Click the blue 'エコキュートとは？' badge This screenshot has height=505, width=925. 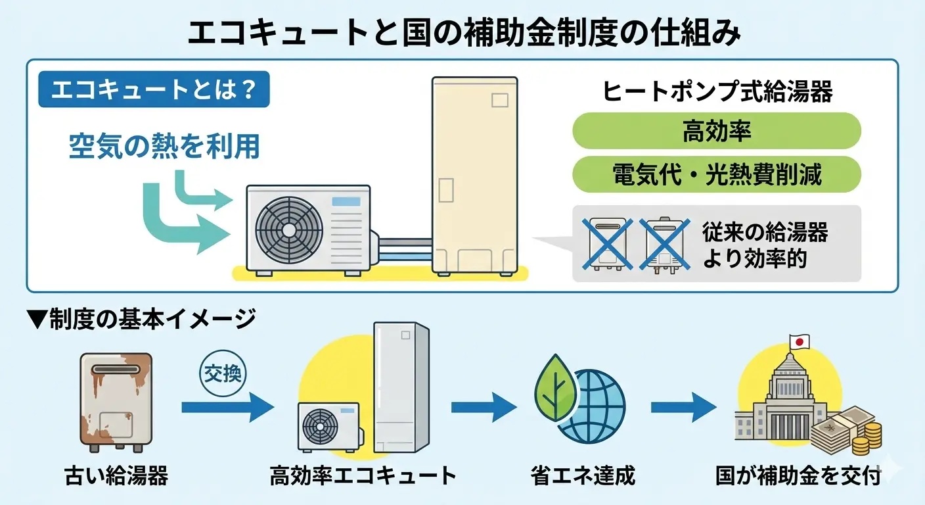(x=154, y=89)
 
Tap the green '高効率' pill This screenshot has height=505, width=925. (x=716, y=131)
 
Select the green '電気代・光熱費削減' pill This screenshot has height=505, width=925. (x=716, y=174)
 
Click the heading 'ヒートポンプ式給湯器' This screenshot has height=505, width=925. (x=717, y=92)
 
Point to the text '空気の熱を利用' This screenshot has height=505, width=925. (x=164, y=147)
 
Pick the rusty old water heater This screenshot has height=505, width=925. (x=116, y=402)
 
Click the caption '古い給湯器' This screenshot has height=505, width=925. (x=116, y=475)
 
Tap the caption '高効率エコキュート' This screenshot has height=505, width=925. (x=363, y=475)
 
